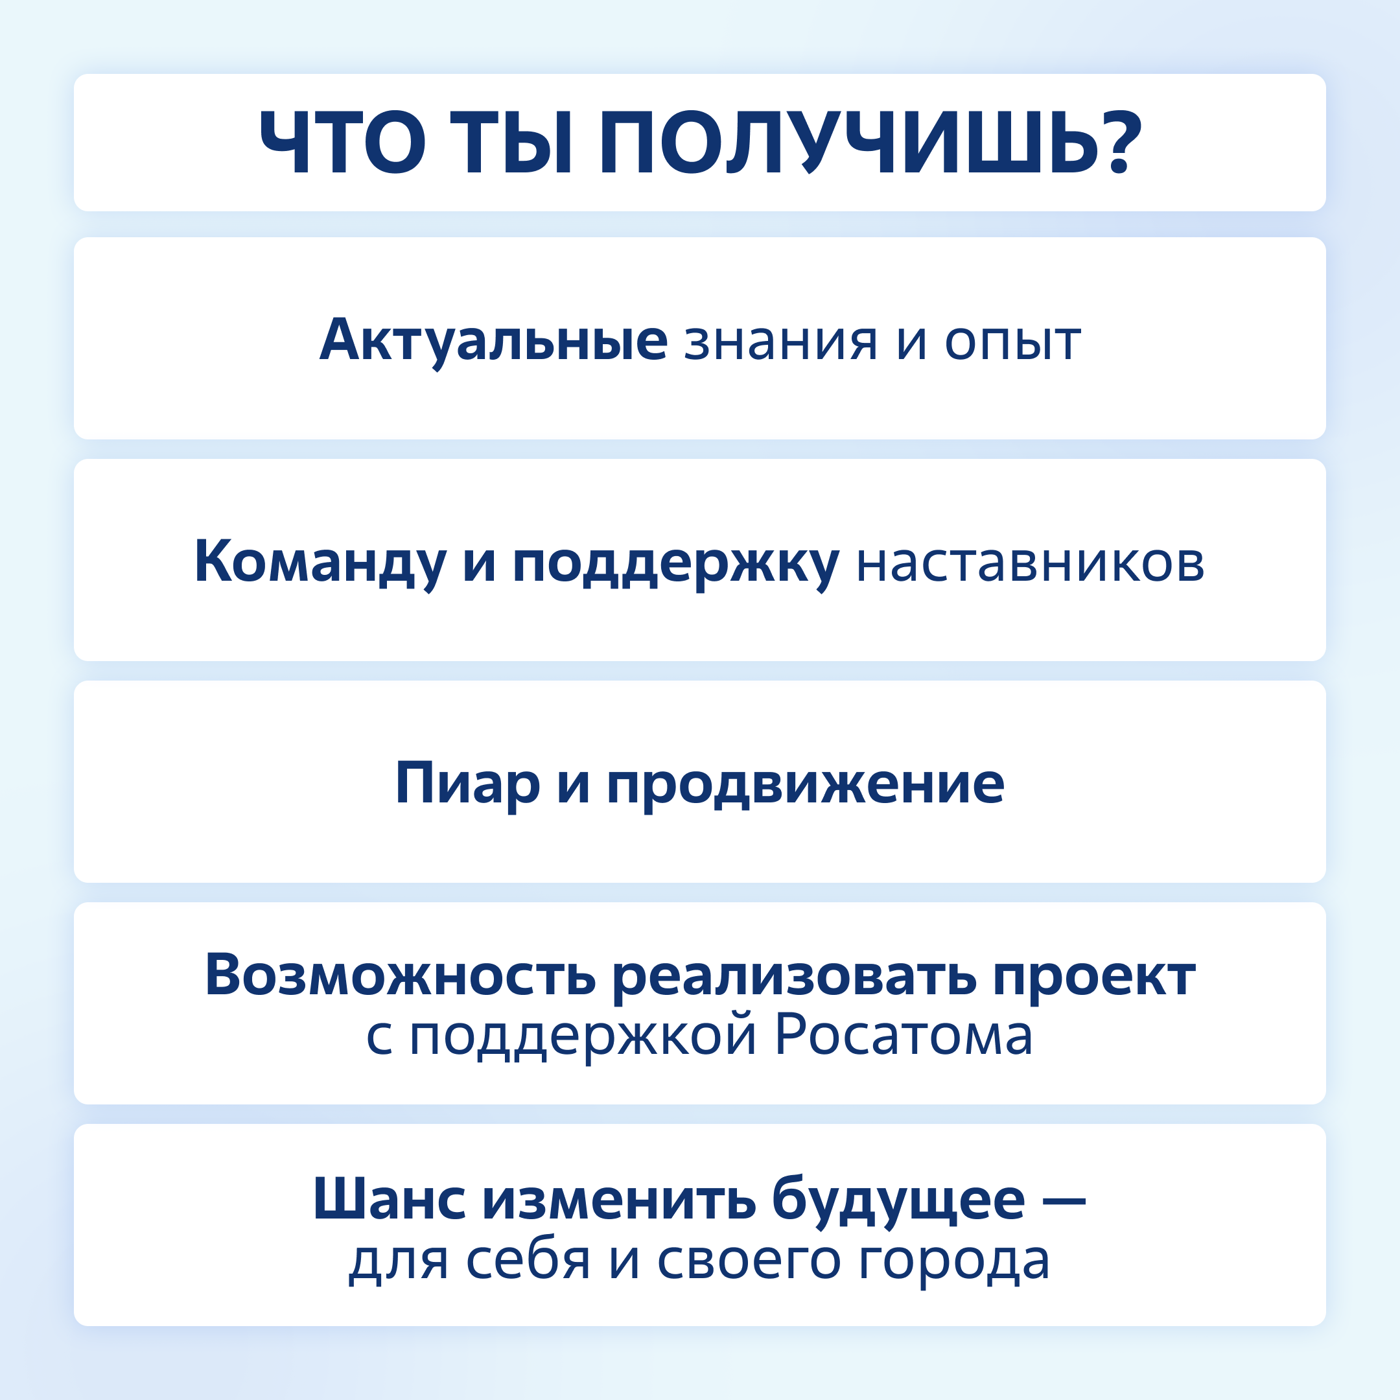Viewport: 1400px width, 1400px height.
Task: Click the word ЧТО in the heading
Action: pos(342,143)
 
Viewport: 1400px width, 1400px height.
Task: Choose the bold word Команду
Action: pos(320,563)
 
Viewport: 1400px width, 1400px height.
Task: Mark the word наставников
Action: pos(1031,565)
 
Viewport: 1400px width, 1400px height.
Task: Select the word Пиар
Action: pos(467,785)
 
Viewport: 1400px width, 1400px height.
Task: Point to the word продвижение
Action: pos(805,787)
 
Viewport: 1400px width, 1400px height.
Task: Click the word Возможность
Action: pos(400,976)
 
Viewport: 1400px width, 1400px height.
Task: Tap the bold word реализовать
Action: pos(794,978)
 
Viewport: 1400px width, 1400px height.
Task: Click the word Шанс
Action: pos(389,1199)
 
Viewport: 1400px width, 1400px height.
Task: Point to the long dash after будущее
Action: pos(1064,1204)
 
